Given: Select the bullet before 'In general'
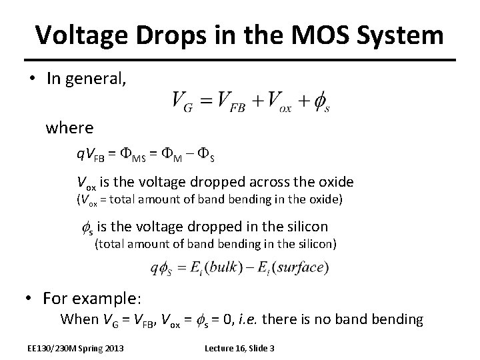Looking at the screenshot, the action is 32,79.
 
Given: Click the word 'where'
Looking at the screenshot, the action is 69,127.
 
